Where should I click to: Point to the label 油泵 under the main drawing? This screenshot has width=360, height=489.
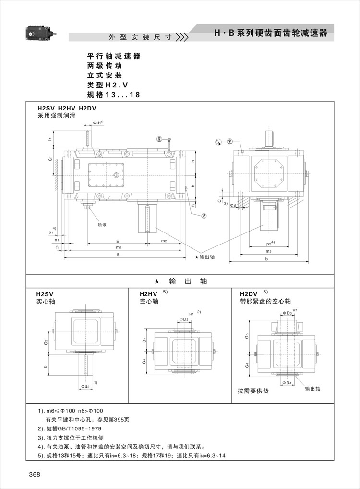tap(102, 224)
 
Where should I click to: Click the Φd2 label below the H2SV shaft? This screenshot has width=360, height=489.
tap(85, 385)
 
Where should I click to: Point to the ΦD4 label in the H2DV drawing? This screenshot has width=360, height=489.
tap(287, 383)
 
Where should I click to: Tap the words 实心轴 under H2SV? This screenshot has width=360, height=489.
tap(46, 302)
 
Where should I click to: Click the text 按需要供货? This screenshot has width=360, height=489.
tap(253, 391)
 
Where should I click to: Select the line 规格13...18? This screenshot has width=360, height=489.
tap(113, 95)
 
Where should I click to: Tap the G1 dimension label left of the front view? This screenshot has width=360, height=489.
tap(50, 159)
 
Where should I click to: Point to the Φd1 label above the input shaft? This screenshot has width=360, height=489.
tap(97, 123)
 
